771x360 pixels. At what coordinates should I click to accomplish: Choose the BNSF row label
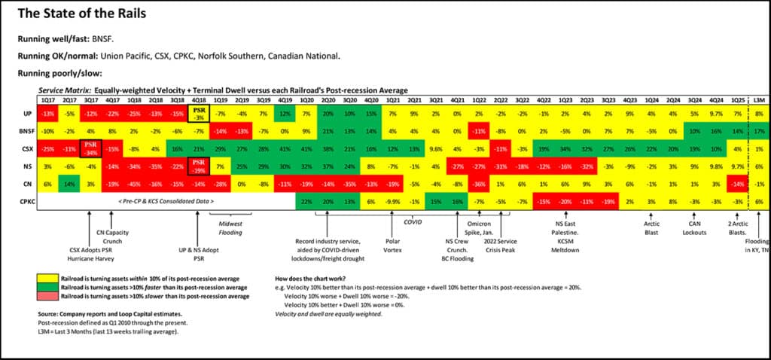[26, 131]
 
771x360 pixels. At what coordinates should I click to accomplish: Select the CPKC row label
[26, 201]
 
